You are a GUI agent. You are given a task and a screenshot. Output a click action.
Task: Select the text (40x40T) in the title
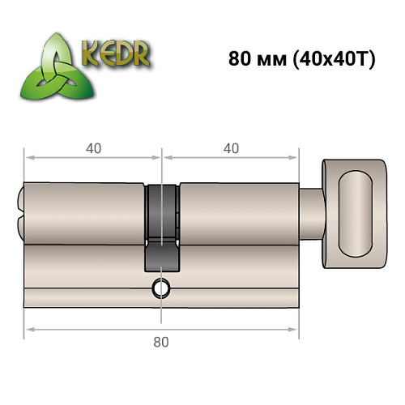332,62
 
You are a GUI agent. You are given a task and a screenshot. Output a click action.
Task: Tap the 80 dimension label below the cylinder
161,342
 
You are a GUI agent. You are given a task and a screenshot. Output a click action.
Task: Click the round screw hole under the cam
161,288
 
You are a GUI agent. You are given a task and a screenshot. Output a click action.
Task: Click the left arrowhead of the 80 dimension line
28,329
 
